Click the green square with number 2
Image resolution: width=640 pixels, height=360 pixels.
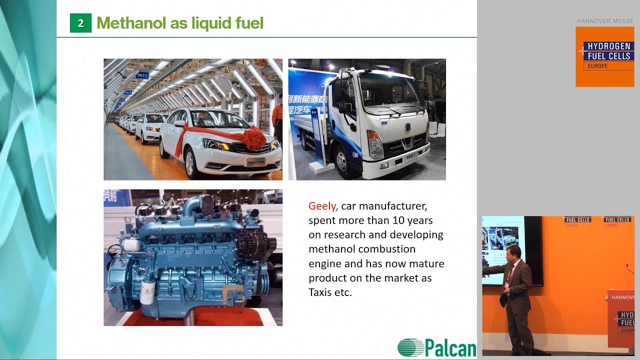pos(80,23)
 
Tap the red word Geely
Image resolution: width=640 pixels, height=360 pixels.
pos(323,206)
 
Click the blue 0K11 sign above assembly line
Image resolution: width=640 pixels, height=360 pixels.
pos(142,75)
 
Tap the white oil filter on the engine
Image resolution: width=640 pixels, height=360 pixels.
pos(147,290)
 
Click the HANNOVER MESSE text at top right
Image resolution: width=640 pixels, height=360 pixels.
pos(604,21)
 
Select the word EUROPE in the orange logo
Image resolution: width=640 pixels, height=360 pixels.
pos(598,66)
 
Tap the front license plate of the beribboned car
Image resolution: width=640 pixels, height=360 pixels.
pos(255,161)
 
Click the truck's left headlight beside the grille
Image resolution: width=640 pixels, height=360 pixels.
pos(374,144)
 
